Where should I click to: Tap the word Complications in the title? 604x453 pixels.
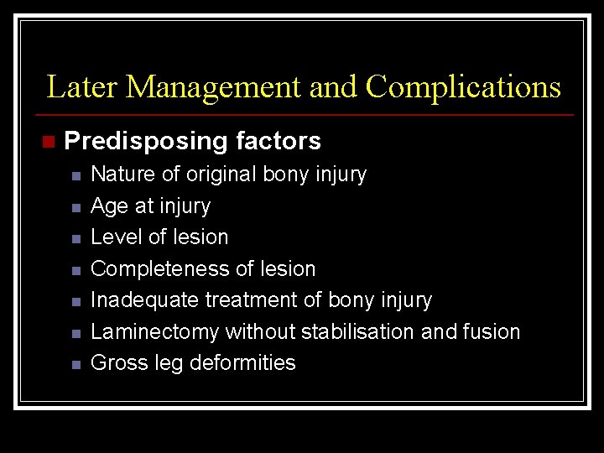(x=463, y=87)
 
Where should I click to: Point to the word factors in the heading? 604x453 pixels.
(x=279, y=141)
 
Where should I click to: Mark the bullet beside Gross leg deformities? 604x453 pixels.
(x=75, y=365)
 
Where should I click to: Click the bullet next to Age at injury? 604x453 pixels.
(x=75, y=207)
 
